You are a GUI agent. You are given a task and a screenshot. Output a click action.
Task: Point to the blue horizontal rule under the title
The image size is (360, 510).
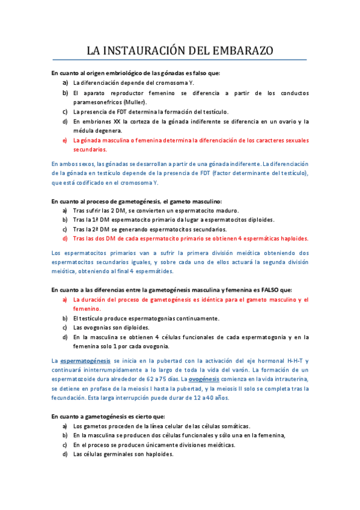(180, 60)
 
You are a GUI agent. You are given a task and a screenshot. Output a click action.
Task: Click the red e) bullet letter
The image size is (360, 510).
(65, 140)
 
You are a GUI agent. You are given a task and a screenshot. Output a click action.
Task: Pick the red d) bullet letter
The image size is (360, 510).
(65, 239)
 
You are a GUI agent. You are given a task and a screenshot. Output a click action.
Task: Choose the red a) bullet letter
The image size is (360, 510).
(65, 299)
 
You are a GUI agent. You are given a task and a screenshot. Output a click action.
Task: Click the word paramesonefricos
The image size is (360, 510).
(97, 102)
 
